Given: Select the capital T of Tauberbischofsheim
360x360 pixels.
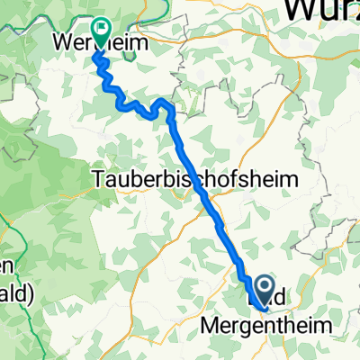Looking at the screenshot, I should (x=98, y=180).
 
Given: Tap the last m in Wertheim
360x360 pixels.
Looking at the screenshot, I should (x=139, y=42).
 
